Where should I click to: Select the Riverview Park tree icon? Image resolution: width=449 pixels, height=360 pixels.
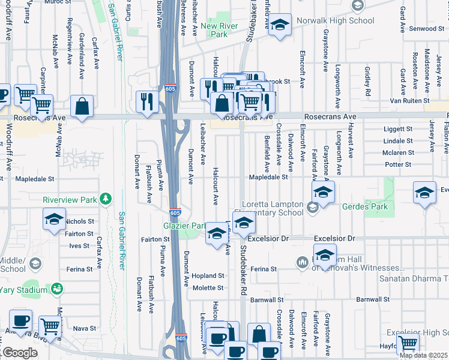pyautogui.click(x=106, y=199)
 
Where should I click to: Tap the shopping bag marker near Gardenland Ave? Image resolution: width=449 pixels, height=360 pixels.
pyautogui.click(x=82, y=107)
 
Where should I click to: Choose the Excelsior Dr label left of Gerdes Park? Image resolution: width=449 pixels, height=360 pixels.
pyautogui.click(x=268, y=238)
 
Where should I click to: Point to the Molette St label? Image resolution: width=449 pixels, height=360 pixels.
pyautogui.click(x=208, y=288)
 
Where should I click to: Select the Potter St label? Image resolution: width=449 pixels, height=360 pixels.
pyautogui.click(x=397, y=164)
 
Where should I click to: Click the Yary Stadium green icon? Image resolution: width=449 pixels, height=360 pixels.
pyautogui.click(x=57, y=290)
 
